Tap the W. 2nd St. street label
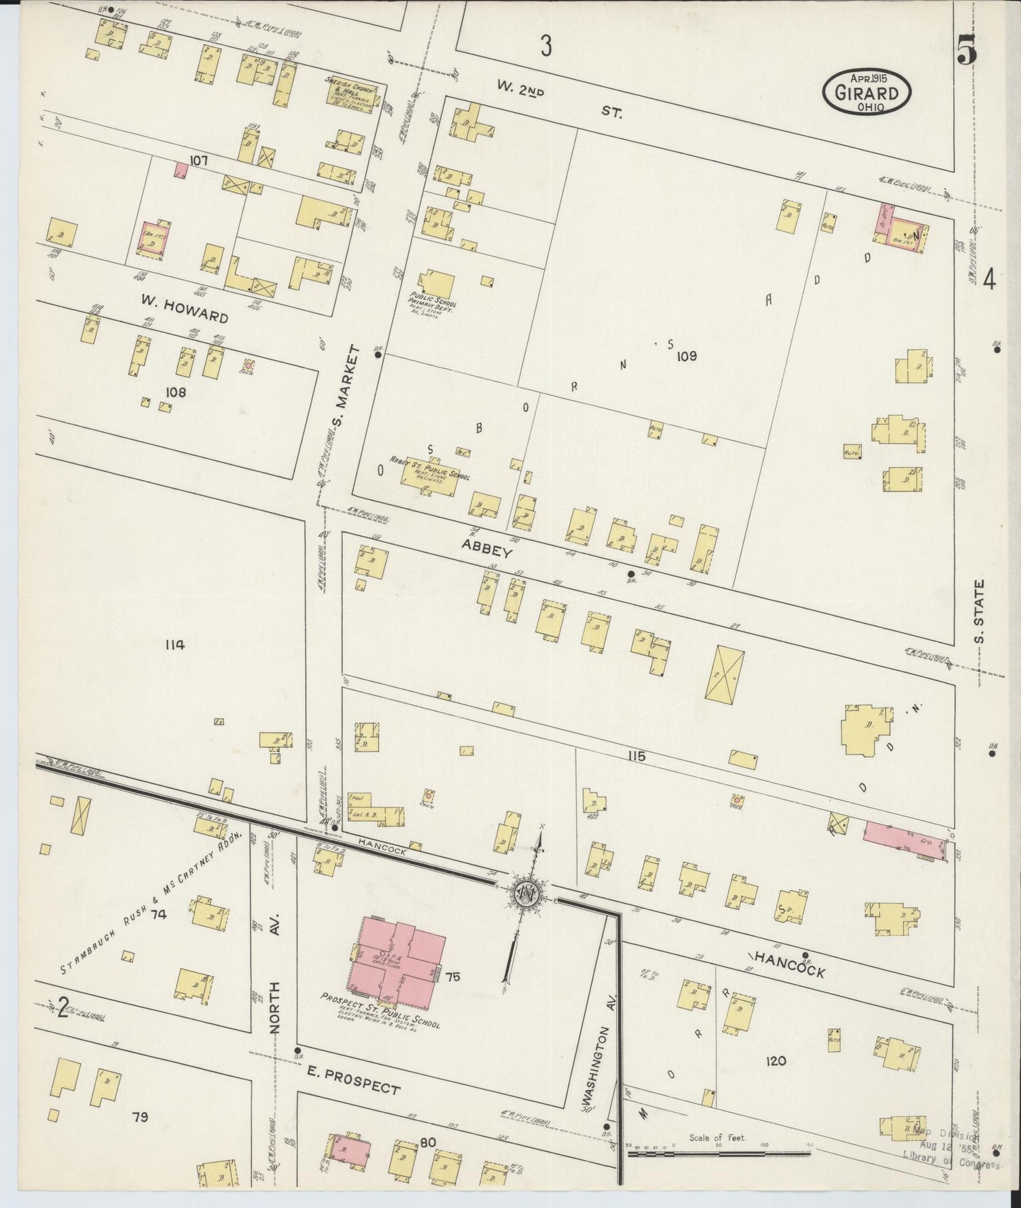(558, 98)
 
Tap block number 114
(173, 644)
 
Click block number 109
(685, 356)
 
